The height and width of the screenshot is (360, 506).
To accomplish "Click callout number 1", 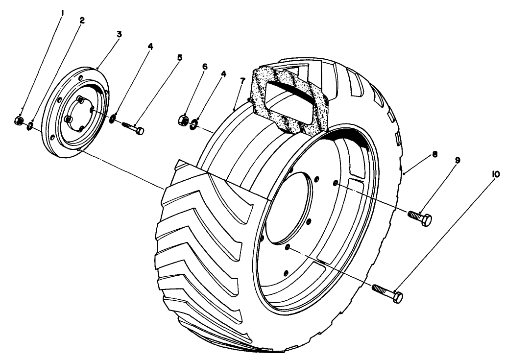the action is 63,13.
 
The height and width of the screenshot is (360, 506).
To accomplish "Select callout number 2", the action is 82,20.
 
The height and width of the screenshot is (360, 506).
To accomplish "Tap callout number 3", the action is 119,34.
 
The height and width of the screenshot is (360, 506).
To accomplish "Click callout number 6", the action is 205,67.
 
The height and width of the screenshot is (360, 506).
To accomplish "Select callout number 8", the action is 434,154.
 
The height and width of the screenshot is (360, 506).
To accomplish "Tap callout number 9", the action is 458,160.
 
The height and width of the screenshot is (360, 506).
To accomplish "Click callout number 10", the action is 495,174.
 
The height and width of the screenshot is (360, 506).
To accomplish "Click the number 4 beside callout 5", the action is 150,46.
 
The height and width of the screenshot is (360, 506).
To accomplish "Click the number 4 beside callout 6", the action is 224,74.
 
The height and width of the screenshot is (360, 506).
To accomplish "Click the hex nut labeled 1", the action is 19,120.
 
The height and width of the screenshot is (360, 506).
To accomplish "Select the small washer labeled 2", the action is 30,125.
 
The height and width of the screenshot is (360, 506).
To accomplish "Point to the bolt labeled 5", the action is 133,128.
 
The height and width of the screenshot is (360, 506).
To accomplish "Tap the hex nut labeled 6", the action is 183,120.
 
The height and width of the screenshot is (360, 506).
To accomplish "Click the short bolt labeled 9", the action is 420,218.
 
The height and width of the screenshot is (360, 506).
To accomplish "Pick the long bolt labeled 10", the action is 387,292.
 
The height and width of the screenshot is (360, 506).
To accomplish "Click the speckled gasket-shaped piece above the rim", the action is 290,100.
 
